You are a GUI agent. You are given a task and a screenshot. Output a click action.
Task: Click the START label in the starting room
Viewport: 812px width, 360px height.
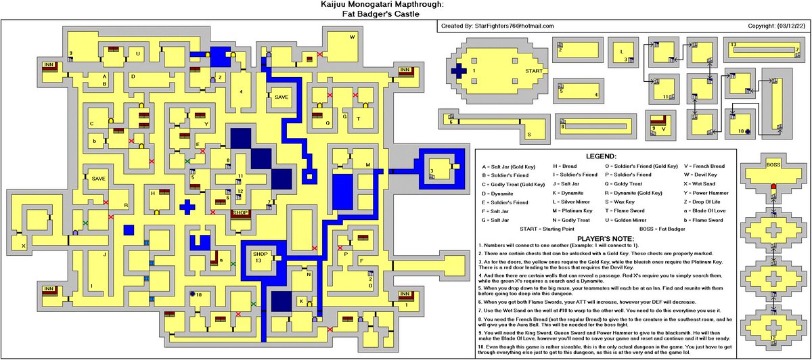point(534,70)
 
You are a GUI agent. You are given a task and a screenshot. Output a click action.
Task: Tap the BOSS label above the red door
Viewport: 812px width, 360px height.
point(773,164)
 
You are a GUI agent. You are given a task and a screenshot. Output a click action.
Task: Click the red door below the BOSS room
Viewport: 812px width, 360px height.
point(773,186)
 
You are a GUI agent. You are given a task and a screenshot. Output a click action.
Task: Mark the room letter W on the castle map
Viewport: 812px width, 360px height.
point(352,37)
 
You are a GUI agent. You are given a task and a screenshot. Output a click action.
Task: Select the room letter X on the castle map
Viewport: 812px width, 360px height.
point(23,246)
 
